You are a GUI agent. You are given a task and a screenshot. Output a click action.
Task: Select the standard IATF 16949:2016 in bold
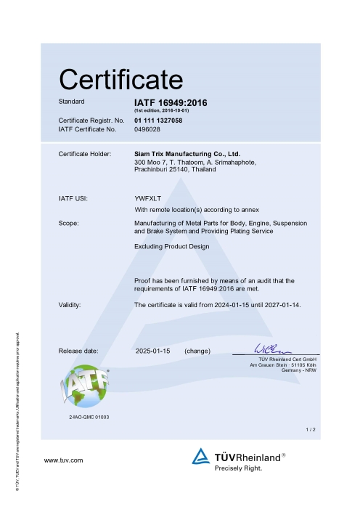[x=171, y=102]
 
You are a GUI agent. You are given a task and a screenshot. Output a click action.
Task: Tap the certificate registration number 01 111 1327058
[x=158, y=120]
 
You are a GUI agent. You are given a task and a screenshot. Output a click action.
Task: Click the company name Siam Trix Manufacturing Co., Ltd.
[x=187, y=154]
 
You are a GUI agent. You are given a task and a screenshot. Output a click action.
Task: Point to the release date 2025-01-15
[x=152, y=351]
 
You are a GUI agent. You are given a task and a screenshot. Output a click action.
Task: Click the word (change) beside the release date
[x=197, y=351]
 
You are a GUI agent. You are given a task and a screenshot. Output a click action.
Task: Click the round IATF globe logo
[x=84, y=390]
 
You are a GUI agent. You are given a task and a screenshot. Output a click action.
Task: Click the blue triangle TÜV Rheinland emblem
[x=201, y=457]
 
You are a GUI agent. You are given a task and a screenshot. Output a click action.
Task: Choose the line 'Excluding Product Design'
[x=172, y=247]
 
